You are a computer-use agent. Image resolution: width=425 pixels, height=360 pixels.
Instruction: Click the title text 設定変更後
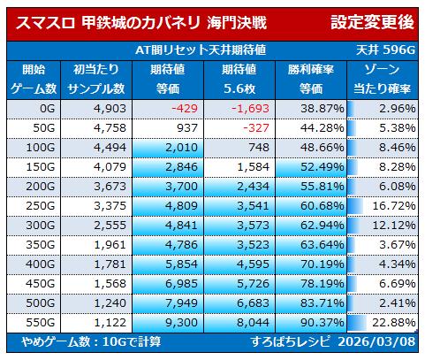point(372,22)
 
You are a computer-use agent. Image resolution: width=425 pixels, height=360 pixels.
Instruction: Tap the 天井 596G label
point(385,50)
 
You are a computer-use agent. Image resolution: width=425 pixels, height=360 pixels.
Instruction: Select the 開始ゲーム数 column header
point(34,80)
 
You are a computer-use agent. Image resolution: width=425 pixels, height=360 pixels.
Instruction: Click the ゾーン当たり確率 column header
point(382,80)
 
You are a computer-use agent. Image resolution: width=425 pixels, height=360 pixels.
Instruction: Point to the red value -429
point(185,109)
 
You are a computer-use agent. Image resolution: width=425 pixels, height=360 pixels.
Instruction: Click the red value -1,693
point(250,109)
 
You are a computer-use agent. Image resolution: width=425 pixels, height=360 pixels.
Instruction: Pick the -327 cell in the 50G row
point(256,128)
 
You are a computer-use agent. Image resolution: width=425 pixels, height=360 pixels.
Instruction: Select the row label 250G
point(41,206)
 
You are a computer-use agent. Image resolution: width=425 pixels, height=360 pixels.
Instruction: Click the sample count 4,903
point(110,109)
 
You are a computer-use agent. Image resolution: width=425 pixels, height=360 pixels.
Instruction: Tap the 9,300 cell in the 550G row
point(181,323)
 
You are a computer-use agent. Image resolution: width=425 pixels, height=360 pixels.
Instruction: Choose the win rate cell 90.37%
point(323,323)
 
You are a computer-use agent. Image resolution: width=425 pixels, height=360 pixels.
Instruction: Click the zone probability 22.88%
point(394,323)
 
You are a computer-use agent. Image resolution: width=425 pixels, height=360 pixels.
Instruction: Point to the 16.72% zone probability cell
point(394,206)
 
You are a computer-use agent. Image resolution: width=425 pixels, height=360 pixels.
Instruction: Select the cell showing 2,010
point(181,148)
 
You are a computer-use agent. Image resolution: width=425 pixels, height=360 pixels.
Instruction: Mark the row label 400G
point(41,264)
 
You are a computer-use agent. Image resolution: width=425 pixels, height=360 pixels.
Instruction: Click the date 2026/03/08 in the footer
point(376,341)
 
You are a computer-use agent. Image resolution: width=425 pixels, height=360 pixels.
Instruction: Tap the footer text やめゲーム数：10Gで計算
point(91,341)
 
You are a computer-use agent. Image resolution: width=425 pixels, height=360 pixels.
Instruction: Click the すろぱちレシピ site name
point(290,341)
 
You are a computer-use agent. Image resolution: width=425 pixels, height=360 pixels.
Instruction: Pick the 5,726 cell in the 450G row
point(253,284)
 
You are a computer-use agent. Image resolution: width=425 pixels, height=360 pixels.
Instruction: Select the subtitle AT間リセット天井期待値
point(201,50)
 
